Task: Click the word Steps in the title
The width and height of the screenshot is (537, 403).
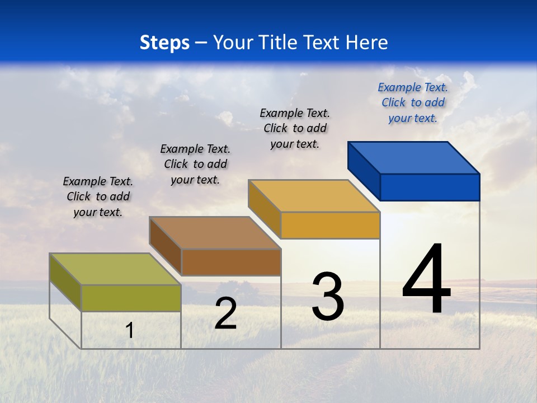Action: tap(164, 43)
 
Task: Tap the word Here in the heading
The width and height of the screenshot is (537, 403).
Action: tap(368, 43)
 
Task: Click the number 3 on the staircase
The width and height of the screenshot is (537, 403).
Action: tap(328, 296)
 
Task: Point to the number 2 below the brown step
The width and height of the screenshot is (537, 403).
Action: tap(225, 313)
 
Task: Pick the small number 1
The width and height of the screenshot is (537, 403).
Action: tap(130, 331)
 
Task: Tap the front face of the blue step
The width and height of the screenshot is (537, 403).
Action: tap(430, 187)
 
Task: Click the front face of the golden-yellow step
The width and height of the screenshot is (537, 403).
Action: tap(330, 225)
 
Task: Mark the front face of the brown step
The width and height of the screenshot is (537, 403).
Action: tap(230, 262)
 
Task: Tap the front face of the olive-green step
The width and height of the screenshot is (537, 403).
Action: tap(131, 298)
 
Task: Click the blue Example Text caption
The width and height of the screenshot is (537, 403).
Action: tap(413, 102)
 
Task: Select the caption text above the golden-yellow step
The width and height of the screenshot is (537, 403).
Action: tap(295, 128)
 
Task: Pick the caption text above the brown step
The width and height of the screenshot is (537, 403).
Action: tap(195, 164)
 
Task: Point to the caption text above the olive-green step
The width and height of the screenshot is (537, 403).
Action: tap(98, 196)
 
